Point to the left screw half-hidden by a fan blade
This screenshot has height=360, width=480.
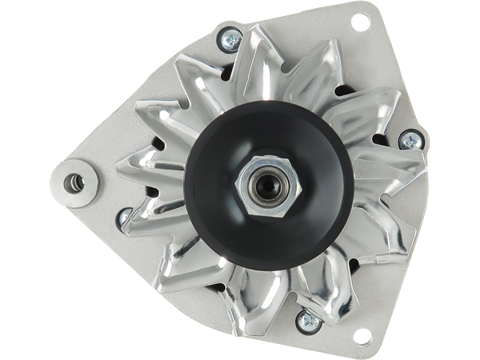tap(124, 216)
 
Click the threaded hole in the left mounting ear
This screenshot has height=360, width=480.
tap(77, 182)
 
